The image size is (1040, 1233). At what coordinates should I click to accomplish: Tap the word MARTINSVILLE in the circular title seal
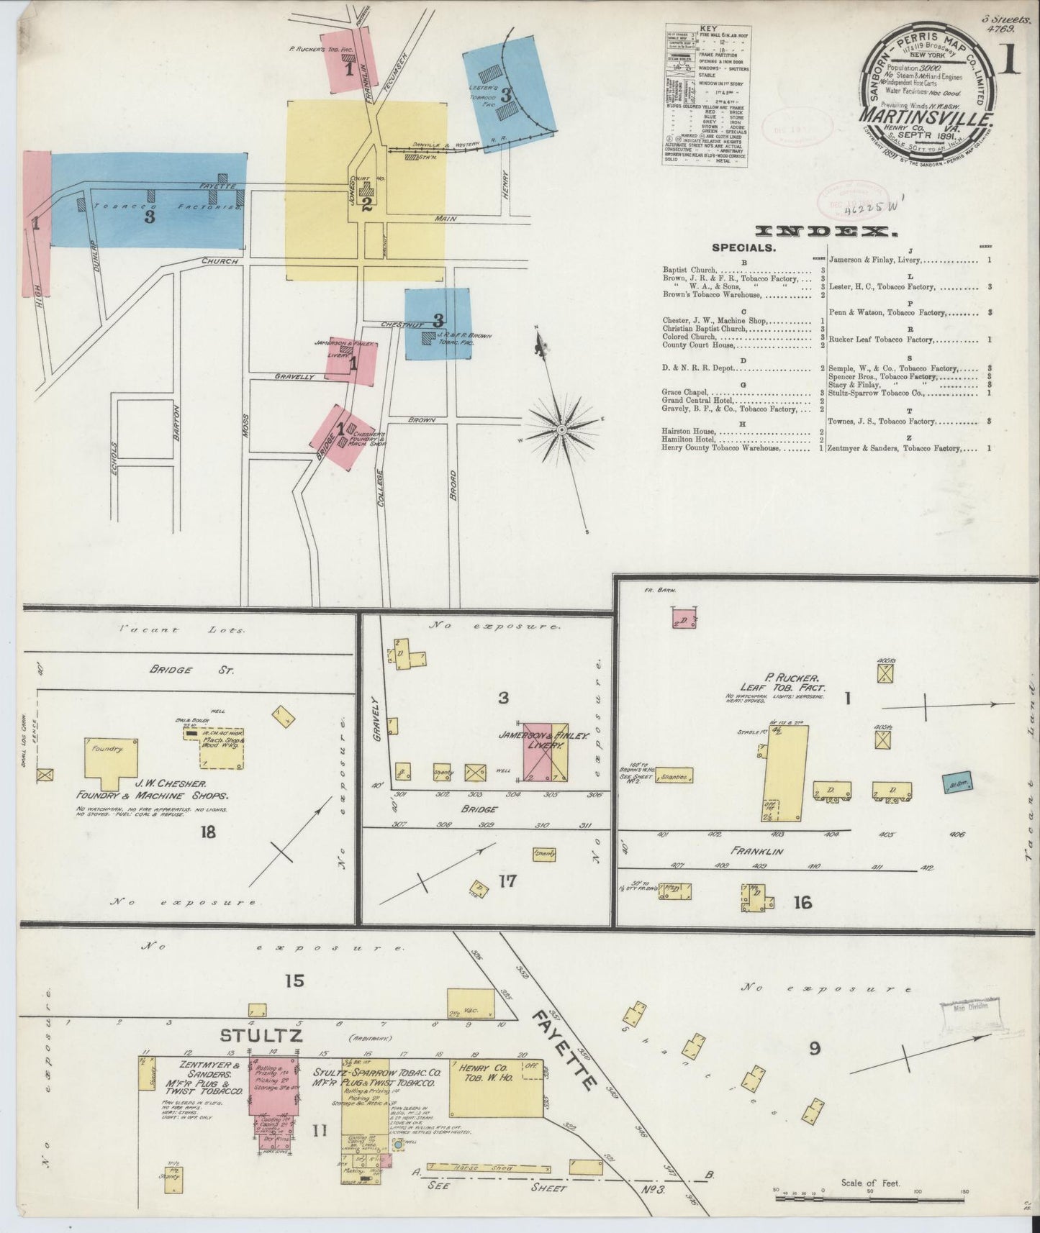click(925, 115)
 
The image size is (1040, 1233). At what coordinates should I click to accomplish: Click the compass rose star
click(561, 429)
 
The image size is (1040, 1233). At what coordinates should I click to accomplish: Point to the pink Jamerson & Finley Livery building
click(545, 751)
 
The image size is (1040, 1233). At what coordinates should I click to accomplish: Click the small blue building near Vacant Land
click(955, 783)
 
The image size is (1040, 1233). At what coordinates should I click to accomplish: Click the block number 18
click(208, 832)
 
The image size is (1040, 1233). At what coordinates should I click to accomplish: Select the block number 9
click(814, 1048)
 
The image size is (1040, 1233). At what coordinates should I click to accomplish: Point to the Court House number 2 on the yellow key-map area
click(366, 204)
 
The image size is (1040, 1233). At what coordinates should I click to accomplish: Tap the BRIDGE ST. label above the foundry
click(171, 669)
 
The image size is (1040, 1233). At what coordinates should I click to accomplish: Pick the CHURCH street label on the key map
click(220, 261)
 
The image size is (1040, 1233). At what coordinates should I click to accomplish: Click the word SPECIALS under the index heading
click(743, 247)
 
